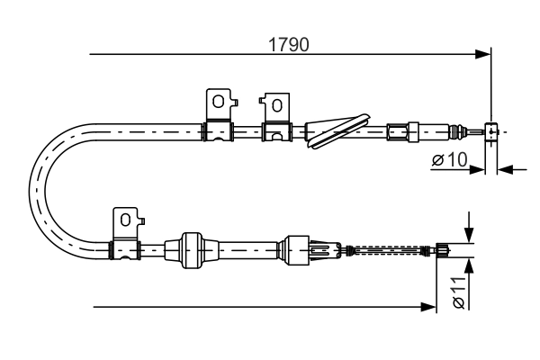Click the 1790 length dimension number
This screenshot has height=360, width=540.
click(x=289, y=45)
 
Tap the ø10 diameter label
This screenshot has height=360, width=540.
click(x=450, y=159)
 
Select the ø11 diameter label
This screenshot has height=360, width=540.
click(x=459, y=292)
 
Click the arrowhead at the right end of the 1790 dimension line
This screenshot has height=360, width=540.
click(x=482, y=54)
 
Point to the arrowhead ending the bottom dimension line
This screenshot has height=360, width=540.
click(x=428, y=307)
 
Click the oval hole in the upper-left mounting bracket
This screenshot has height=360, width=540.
click(x=219, y=102)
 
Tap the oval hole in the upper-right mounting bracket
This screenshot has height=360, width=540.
click(x=277, y=105)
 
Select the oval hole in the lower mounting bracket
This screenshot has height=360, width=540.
click(x=125, y=220)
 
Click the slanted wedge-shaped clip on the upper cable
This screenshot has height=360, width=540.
click(x=337, y=130)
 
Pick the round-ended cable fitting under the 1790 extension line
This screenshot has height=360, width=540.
click(x=491, y=131)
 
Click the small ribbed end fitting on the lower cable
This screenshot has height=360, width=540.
click(x=443, y=250)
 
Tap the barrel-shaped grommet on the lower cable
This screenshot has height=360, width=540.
click(x=192, y=250)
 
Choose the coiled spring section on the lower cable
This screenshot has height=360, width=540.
click(x=388, y=250)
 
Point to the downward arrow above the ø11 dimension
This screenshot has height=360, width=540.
click(x=468, y=228)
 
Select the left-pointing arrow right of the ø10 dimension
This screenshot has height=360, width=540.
click(x=512, y=169)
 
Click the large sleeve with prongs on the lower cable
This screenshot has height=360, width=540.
click(x=296, y=250)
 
